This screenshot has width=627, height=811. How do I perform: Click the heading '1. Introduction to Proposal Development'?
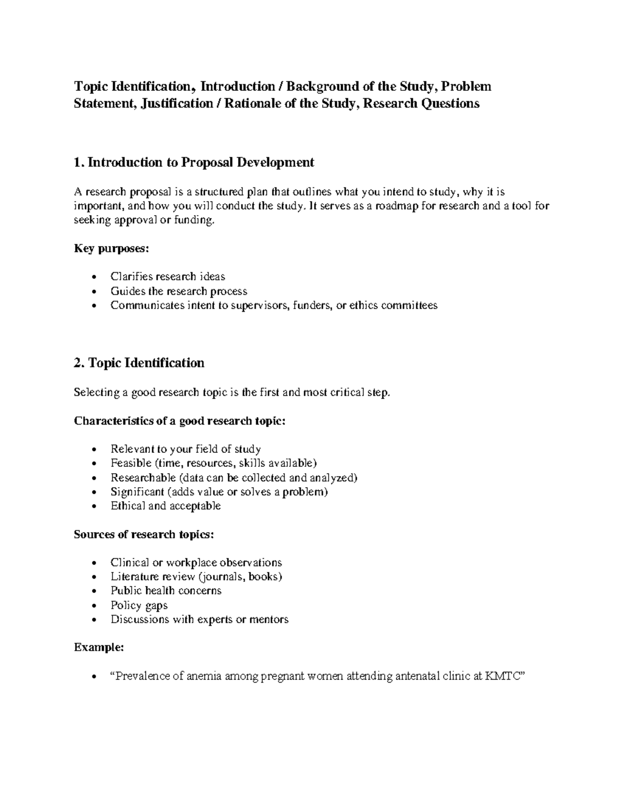pos(194,162)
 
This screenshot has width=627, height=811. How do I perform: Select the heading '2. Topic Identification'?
pos(139,363)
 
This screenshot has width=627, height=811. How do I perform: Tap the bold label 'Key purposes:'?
pos(111,249)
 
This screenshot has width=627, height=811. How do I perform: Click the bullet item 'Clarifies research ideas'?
pos(168,276)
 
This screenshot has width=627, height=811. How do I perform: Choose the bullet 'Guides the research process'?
pos(179,291)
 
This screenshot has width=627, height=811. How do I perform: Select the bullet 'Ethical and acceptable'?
pos(166,506)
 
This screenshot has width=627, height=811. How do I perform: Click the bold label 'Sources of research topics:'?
pos(144,534)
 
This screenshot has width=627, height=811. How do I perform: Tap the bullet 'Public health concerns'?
pos(166,591)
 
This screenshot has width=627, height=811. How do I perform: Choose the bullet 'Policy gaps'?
pos(139,605)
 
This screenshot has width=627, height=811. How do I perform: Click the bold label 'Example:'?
pos(99,648)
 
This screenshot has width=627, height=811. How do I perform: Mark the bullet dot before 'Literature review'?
pos(94,578)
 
